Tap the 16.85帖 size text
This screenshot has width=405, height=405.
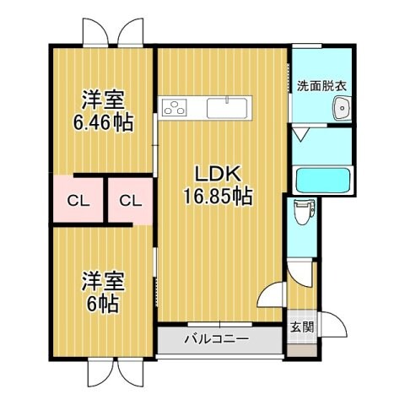pos(219,197)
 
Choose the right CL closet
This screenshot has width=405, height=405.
pos(129,201)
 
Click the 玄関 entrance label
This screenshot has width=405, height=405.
pos(301,327)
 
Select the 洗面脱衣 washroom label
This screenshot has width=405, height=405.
pos(320,85)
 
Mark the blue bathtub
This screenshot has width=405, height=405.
pos(325,180)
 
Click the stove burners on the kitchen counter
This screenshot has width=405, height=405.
pos(175,107)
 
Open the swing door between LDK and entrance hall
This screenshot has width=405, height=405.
pos(272,295)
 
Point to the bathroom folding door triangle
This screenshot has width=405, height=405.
pos(301,134)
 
